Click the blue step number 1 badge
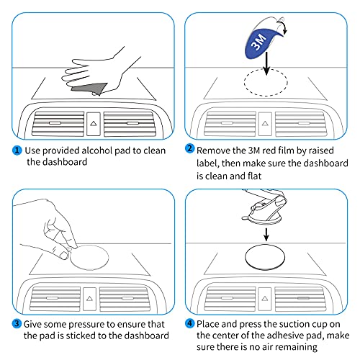point(17,150)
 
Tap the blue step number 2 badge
point(189,148)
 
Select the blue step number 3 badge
point(17,323)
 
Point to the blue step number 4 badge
point(189,323)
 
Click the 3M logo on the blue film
point(258,42)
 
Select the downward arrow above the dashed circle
point(266,63)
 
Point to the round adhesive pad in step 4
point(265,257)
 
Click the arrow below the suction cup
point(266,234)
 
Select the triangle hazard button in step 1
point(94,124)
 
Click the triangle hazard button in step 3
point(89,299)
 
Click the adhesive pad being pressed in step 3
point(89,257)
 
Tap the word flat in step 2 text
point(254,176)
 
